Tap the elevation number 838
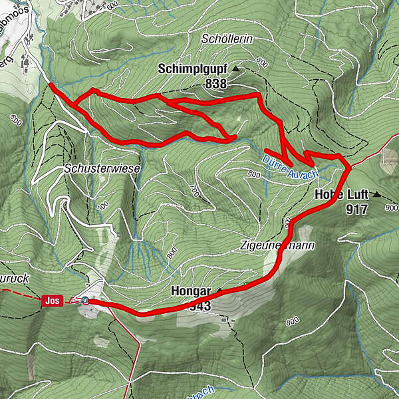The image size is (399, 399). pos(216,84)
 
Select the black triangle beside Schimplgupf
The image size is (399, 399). pos(235,68)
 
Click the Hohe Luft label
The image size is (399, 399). pos(341,195)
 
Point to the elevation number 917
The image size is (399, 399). pos(357,209)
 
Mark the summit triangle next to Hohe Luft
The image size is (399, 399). pos(377,195)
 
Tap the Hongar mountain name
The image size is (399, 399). pos(190,292)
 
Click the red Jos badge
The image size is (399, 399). pos(53,301)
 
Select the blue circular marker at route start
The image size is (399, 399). pos(86,301)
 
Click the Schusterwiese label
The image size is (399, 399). pos(102,169)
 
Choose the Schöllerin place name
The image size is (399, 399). pos(227,40)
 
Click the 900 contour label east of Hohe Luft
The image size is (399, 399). pos(391,208)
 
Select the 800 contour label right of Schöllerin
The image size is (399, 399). pos(260,64)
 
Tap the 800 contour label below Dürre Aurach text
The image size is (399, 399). pos(253,174)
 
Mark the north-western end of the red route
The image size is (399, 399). pos(51,84)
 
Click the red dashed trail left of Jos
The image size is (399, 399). pos(20,293)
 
